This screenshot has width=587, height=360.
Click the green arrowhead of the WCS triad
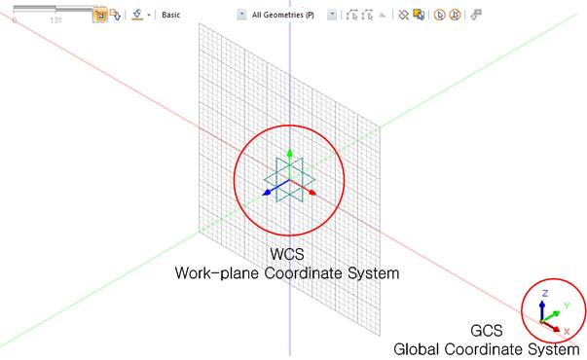click(x=289, y=154)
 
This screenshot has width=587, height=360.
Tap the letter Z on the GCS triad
click(x=546, y=292)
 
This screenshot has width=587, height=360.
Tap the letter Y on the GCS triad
click(x=566, y=305)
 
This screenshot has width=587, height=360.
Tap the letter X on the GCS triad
click(x=567, y=331)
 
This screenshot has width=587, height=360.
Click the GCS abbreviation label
click(x=486, y=331)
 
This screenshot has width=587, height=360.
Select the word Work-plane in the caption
click(x=216, y=273)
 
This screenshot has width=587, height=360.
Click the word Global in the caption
click(x=419, y=348)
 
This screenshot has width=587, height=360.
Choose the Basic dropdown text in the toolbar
click(x=171, y=16)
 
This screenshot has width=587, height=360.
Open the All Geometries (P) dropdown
click(x=282, y=16)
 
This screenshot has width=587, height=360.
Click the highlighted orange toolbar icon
click(x=99, y=16)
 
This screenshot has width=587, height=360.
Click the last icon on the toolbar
click(x=477, y=16)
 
